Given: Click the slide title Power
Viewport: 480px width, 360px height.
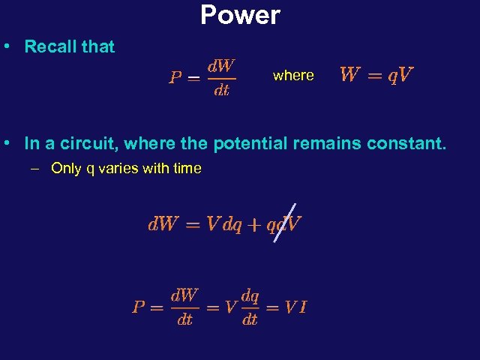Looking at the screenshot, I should tap(240, 14).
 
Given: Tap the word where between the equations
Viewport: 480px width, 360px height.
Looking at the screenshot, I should tap(293, 75).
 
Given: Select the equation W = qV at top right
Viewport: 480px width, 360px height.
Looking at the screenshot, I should tap(376, 75).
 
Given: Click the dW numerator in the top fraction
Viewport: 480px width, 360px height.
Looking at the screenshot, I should tap(221, 66).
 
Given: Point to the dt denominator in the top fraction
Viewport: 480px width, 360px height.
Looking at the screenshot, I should tap(221, 91).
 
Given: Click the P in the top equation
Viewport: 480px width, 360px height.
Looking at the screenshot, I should tap(175, 77).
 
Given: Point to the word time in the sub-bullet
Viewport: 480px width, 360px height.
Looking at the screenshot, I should tap(187, 169).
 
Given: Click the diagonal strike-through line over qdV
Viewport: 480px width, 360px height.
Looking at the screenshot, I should tap(285, 223).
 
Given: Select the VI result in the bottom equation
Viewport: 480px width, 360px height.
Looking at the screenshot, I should tap(295, 307).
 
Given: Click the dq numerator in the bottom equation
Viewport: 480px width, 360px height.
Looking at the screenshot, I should tap(250, 295).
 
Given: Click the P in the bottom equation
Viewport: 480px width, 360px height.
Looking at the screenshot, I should tap(138, 307).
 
